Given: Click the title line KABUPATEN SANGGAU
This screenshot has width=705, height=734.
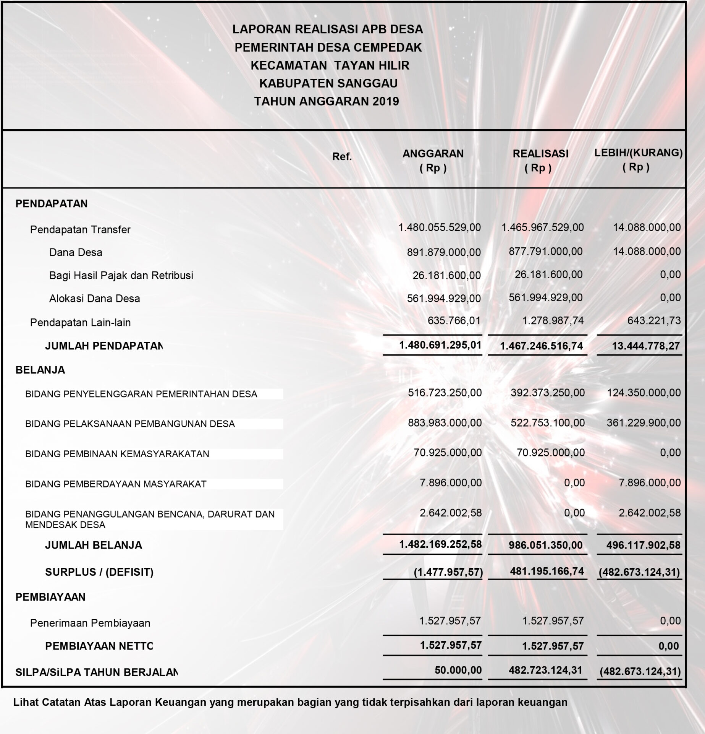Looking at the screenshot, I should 328,83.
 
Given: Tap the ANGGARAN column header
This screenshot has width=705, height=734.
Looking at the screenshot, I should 433,154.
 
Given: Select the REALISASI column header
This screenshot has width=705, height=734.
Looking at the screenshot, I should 540,154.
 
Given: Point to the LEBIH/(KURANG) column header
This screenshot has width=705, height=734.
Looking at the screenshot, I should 639,153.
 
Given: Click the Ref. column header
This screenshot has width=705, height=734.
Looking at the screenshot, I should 342,157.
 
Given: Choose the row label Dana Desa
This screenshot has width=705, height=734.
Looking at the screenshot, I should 76,252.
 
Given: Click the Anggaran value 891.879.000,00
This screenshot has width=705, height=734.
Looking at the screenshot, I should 444,252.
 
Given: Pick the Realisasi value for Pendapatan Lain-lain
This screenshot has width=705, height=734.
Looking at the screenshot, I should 553,320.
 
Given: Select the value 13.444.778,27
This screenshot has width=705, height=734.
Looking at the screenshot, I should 646,346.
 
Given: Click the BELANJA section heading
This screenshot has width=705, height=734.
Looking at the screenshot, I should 40,370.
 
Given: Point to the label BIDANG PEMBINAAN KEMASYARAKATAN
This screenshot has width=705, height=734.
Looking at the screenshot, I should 117,454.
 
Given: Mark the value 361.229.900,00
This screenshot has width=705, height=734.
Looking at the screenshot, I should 644,423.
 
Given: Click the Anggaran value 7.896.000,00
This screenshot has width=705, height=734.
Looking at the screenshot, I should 451,483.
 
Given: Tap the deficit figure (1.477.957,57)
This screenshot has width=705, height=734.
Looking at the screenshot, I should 448,572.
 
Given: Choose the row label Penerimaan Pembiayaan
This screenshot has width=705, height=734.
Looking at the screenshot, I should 90,623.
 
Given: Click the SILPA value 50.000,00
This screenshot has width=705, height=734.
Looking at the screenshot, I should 458,670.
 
